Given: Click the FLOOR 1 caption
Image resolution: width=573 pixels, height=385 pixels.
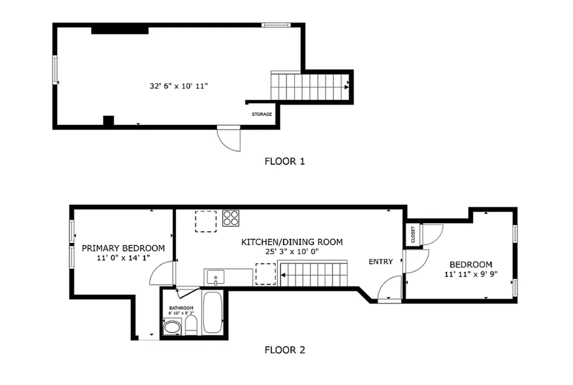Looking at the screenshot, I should (x=285, y=161).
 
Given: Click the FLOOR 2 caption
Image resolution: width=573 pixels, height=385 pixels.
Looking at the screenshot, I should (x=285, y=350).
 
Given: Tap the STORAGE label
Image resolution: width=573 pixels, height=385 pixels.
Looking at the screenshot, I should (x=262, y=115).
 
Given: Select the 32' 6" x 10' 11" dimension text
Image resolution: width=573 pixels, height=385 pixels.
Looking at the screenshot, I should (x=179, y=87).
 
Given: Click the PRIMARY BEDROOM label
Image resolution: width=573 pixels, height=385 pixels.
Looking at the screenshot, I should (x=123, y=248).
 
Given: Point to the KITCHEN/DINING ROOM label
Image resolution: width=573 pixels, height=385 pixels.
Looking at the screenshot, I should (x=292, y=242).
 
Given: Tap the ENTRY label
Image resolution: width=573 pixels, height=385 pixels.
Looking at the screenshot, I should (x=381, y=262).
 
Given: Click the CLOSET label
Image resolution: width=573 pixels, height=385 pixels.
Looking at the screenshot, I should (x=413, y=234).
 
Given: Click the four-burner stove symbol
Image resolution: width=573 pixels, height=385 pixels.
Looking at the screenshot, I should (x=231, y=218).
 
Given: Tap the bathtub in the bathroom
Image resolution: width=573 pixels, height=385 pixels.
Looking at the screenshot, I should (x=212, y=312).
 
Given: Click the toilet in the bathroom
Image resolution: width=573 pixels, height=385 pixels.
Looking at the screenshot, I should (x=191, y=326).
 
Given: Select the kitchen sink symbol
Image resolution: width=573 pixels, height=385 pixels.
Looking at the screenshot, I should (x=215, y=278).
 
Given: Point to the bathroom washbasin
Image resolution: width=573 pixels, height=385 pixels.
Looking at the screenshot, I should (x=171, y=329).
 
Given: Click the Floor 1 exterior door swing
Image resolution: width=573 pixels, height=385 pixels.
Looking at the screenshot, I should (x=229, y=140).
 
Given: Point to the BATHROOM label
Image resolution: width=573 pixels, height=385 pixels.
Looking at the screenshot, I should (x=181, y=308).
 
